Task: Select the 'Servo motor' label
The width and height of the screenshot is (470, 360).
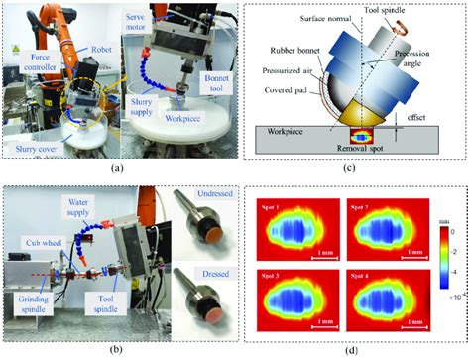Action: (140, 24)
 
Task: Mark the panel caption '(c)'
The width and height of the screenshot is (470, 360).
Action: (351, 167)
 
